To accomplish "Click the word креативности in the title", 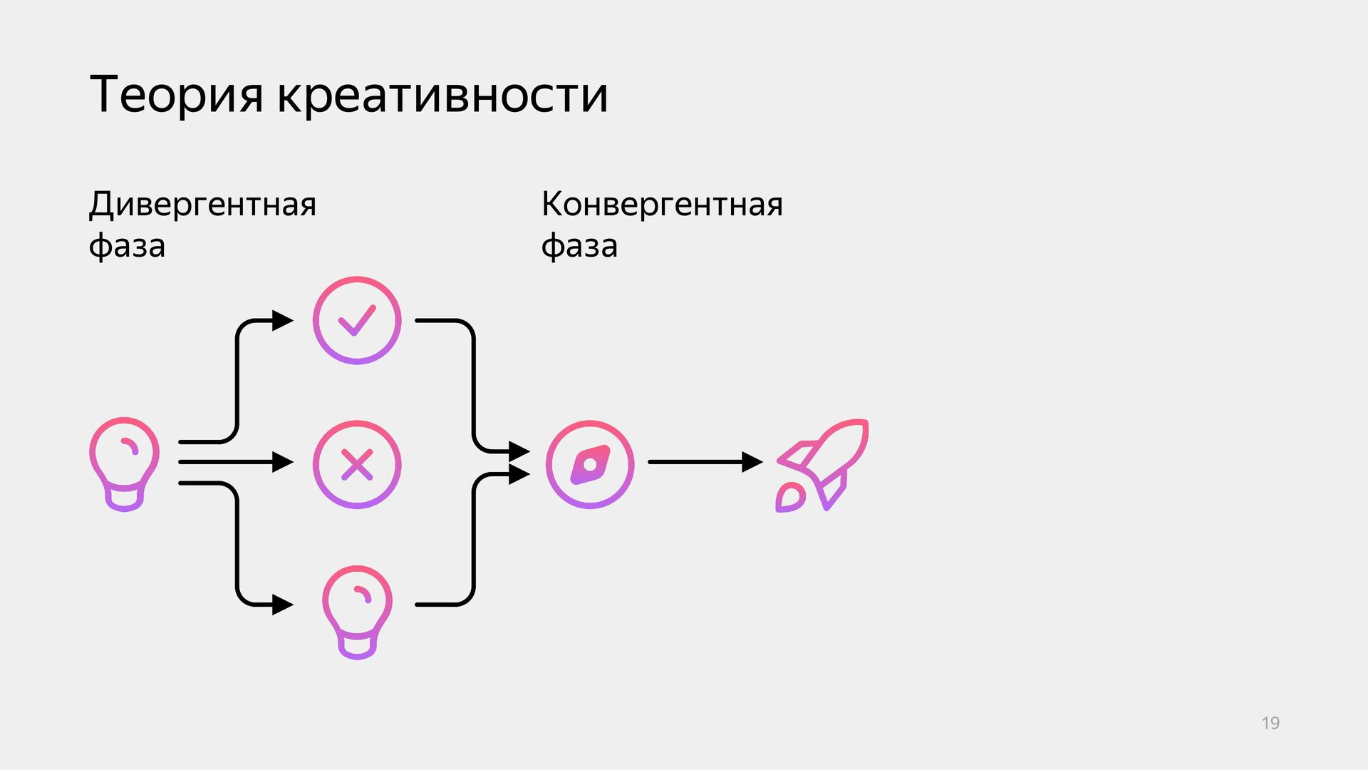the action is [442, 95].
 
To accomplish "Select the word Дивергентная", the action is [202, 205].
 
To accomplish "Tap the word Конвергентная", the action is [662, 205].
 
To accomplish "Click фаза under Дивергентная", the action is [127, 246].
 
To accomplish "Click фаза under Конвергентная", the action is [579, 246].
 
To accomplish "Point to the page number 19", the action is [1270, 723].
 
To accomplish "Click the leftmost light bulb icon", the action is [124, 464].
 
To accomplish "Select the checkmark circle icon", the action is [357, 321].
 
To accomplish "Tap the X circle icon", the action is [357, 465].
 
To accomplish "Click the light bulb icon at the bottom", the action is [357, 612].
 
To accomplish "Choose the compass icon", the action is [590, 465].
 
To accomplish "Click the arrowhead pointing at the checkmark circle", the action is [282, 321].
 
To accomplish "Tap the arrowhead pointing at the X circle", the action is [282, 463].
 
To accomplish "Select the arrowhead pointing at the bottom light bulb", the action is [282, 605].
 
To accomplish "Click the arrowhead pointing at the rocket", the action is [752, 462].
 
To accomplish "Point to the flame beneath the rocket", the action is [789, 498].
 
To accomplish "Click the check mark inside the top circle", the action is [357, 321].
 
